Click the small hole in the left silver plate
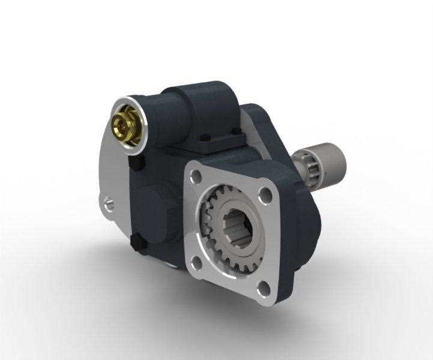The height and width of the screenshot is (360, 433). pyautogui.click(x=108, y=203)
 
